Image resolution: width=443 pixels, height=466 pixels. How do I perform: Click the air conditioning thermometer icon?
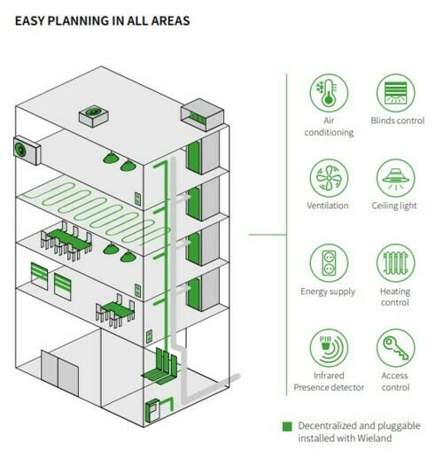click(329, 93)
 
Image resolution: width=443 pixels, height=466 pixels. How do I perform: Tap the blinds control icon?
click(395, 93)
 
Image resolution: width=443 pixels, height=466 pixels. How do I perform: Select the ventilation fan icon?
click(329, 178)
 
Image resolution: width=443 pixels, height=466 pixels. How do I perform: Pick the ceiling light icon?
click(395, 178)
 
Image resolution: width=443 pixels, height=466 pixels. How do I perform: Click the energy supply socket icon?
click(329, 263)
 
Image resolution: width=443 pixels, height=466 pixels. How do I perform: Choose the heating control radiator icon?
click(395, 263)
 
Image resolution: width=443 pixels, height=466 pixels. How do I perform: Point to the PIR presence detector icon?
click(329, 348)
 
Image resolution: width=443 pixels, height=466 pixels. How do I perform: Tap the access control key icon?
click(395, 348)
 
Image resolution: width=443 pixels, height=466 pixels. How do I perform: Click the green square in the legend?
click(287, 426)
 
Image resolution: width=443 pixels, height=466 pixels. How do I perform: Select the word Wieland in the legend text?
click(374, 438)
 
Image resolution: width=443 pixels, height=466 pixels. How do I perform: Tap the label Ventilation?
click(328, 206)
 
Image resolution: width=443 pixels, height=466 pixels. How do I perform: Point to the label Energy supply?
click(328, 291)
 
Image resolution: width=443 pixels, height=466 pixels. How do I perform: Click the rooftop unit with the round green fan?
click(93, 115)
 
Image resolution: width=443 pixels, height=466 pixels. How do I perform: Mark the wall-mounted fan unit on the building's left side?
click(27, 151)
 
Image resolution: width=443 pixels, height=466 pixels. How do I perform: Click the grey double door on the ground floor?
click(59, 373)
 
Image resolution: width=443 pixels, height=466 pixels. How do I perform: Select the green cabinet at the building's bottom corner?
click(152, 411)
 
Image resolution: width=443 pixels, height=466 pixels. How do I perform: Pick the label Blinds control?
click(398, 120)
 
